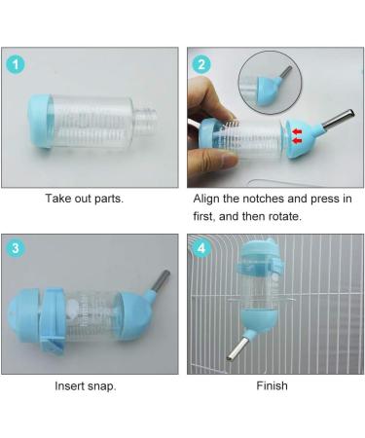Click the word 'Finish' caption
pyautogui.click(x=272, y=386)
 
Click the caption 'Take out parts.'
pyautogui.click(x=85, y=199)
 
